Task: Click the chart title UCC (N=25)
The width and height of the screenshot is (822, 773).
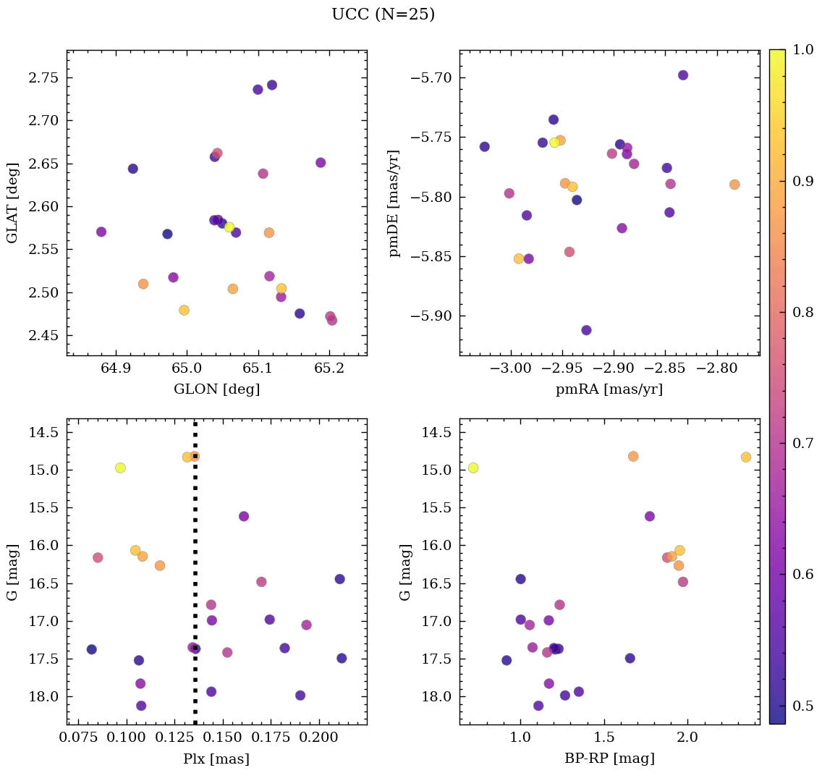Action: (383, 14)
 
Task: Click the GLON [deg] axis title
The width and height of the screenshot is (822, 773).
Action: (216, 389)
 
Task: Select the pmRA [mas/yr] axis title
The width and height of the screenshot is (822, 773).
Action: (609, 389)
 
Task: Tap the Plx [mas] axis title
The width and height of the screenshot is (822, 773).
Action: (216, 759)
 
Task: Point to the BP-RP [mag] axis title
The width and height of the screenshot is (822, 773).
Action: (609, 759)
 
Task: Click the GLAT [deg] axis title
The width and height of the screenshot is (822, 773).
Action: (12, 203)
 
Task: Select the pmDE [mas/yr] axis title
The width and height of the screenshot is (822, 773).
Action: (394, 203)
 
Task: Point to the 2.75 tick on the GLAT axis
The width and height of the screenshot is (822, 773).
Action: (45, 77)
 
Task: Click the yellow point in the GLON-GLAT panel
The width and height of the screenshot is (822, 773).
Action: (229, 227)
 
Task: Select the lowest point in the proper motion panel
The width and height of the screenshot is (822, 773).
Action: (586, 330)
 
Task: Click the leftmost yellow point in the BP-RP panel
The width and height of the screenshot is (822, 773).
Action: (473, 468)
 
